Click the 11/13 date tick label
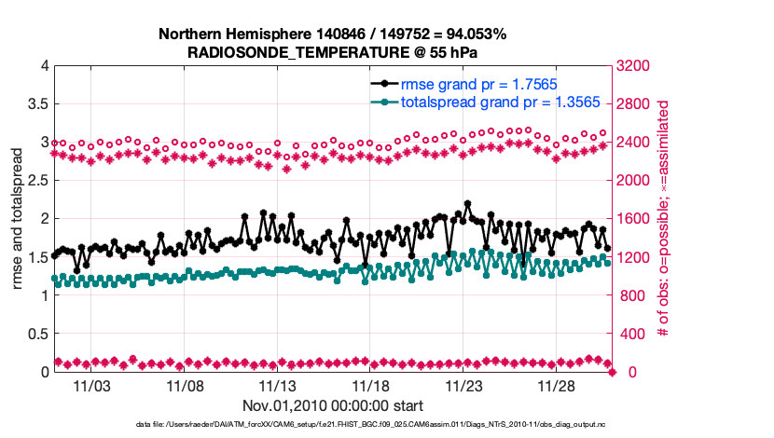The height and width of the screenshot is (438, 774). coord(278,385)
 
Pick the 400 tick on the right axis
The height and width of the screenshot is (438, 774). coord(632,334)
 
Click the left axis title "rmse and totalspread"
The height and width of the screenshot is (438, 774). coord(16,219)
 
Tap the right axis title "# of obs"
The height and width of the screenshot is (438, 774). coord(664,219)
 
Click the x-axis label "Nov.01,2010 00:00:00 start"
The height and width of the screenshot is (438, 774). coord(333,405)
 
